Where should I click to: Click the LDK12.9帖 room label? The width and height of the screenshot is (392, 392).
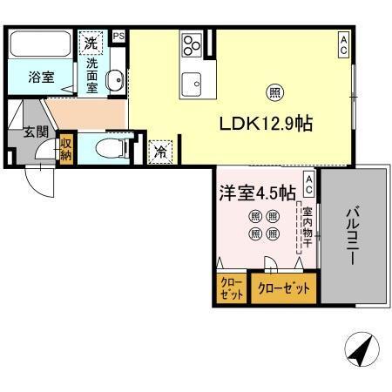[266, 125]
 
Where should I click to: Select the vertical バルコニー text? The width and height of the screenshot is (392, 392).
[353, 229]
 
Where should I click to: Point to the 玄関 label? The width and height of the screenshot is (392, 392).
[24, 132]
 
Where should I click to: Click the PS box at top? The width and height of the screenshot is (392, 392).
[118, 36]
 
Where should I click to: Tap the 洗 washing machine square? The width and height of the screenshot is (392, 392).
[91, 41]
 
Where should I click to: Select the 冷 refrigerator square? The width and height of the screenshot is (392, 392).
[160, 151]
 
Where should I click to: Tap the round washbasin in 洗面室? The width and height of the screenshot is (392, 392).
[114, 82]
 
